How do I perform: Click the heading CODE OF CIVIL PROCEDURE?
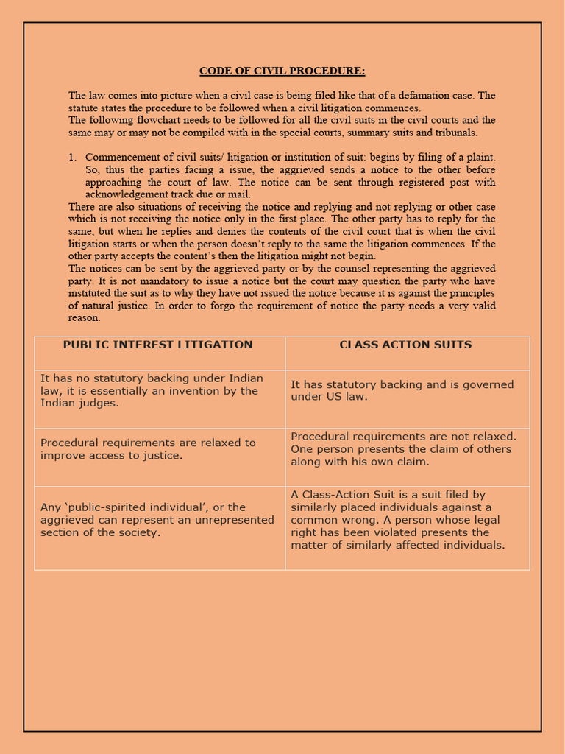[282, 71]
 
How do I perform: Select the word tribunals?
[456, 133]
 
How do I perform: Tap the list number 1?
[72, 158]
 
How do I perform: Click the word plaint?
[479, 158]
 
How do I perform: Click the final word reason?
[84, 318]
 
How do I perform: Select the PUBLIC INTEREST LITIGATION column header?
[157, 345]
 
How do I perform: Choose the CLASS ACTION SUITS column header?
[405, 345]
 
